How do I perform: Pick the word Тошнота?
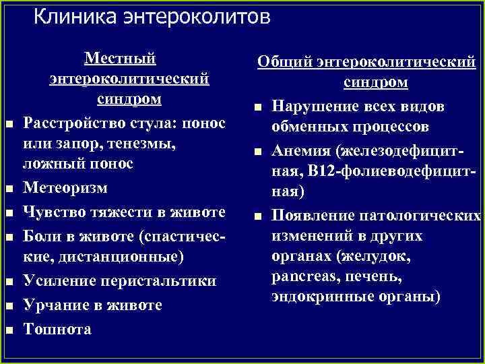[57, 328]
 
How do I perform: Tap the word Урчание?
[55, 305]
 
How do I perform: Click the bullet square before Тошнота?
[9, 330]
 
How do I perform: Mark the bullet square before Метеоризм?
[9, 187]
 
